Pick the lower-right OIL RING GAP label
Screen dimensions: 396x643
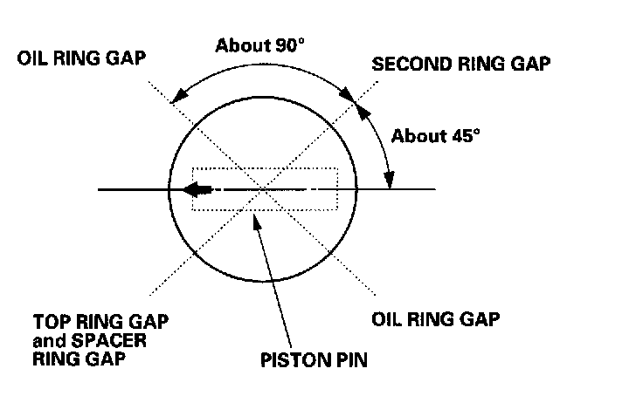(x=434, y=318)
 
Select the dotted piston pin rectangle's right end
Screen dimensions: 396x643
(x=337, y=188)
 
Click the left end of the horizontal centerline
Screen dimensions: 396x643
(x=99, y=188)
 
